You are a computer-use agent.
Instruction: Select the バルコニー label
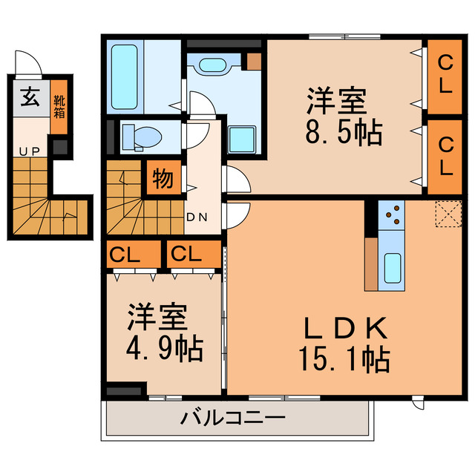(x=232, y=419)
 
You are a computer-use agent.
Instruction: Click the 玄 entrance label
(x=30, y=96)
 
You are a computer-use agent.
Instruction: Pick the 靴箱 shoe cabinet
(x=59, y=106)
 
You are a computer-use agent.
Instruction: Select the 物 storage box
(x=163, y=179)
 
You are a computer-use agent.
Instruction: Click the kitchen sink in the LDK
(x=391, y=268)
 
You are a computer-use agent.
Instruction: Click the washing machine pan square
(x=242, y=138)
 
